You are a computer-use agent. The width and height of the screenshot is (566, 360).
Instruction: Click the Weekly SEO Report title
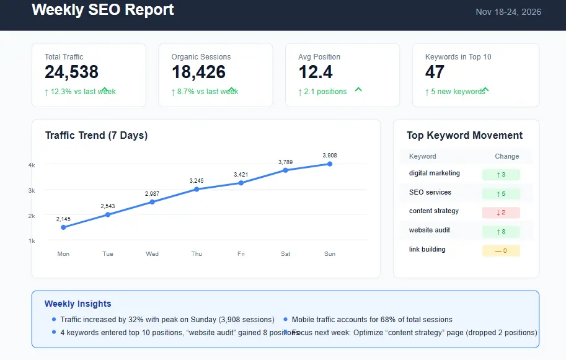(x=103, y=10)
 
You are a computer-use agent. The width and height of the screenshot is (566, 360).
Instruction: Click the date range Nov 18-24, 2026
(x=508, y=12)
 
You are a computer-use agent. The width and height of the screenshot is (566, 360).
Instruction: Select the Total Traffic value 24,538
(x=71, y=72)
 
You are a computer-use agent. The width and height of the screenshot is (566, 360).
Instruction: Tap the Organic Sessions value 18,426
(x=198, y=72)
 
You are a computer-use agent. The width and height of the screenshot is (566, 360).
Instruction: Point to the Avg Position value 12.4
(x=316, y=72)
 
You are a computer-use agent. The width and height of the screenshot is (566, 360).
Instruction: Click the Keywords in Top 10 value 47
(x=435, y=72)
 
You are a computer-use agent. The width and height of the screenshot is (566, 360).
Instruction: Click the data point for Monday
(x=63, y=227)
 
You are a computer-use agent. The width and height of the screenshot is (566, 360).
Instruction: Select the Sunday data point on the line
(x=330, y=164)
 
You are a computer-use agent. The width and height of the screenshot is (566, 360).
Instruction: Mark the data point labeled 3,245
(x=197, y=189)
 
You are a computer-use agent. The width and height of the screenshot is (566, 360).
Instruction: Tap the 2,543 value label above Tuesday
(x=108, y=206)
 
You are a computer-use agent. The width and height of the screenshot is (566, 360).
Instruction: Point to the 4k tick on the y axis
(x=32, y=165)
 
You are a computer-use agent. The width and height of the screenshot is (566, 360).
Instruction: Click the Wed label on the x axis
(x=152, y=254)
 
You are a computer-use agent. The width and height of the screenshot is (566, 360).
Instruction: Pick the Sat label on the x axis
(x=285, y=254)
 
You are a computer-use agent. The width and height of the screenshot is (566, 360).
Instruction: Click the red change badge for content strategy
(x=501, y=213)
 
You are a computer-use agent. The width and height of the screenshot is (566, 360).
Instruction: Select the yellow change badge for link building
(x=501, y=251)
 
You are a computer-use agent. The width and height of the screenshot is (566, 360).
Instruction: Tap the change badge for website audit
(x=501, y=232)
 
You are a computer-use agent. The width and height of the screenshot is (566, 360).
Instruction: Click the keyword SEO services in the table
(x=430, y=192)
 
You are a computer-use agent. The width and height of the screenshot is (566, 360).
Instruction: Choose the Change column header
(x=506, y=156)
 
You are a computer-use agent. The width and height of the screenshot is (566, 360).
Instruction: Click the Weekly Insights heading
(x=78, y=304)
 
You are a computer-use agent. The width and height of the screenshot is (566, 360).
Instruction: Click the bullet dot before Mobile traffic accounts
(x=285, y=320)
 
